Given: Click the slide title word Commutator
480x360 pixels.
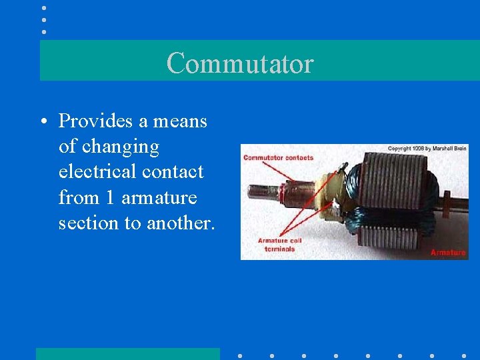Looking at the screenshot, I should click(x=240, y=63).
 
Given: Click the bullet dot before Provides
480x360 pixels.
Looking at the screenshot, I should click(x=42, y=122).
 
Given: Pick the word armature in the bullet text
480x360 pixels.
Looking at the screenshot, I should click(x=159, y=198).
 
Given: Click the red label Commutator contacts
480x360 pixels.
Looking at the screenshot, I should click(x=278, y=158).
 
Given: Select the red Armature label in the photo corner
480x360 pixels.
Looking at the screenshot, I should click(x=448, y=253).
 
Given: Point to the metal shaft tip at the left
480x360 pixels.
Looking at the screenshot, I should click(x=256, y=192).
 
